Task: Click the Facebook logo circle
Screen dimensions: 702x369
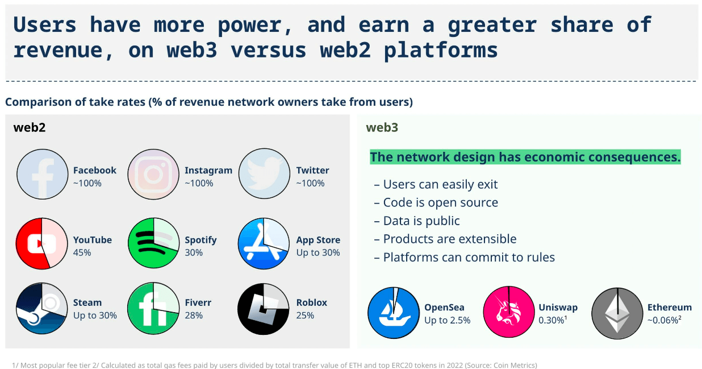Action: point(42,174)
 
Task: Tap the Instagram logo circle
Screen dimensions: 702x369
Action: point(153,174)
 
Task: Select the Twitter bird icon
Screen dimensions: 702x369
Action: point(264,173)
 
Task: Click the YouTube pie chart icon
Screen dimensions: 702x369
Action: point(41,243)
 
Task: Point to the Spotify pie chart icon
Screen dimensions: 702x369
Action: point(153,243)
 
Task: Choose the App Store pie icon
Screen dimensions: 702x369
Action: point(264,243)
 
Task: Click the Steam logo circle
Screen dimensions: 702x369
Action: point(41,308)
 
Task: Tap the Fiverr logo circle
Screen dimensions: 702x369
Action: point(153,308)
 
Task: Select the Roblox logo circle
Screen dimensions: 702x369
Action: point(264,309)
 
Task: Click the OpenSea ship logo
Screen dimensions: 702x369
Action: point(394,313)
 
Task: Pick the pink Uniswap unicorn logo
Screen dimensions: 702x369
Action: point(509,312)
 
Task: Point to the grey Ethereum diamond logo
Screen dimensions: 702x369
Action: point(617,313)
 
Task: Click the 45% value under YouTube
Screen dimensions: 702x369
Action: point(82,252)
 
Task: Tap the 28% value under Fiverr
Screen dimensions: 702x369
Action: point(194,316)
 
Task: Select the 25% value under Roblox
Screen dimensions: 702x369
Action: point(305,316)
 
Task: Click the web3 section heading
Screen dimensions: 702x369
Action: point(382,127)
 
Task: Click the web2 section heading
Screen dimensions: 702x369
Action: point(30,127)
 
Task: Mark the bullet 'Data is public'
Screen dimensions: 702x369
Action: point(417,221)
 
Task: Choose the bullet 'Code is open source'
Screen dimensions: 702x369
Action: point(436,203)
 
